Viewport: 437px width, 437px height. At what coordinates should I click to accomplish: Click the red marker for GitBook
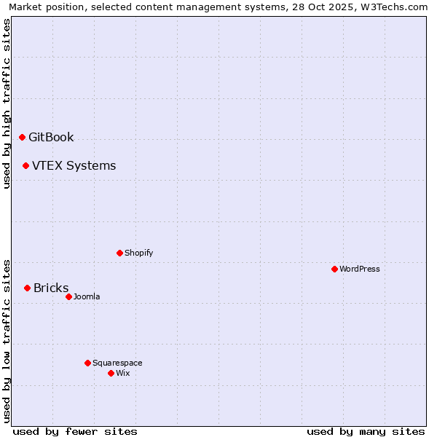(x=22, y=137)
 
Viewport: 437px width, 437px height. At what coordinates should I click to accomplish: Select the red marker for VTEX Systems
(x=25, y=165)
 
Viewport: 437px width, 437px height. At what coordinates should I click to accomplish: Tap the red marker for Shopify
(x=119, y=253)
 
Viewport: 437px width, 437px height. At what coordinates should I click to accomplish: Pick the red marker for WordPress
(x=334, y=269)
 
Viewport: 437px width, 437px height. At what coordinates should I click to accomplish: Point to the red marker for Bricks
(x=27, y=288)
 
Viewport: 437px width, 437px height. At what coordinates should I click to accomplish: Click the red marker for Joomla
(x=68, y=296)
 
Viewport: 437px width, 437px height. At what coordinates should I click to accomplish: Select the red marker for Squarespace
(x=87, y=363)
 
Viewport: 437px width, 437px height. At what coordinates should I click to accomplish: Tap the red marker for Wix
(x=111, y=373)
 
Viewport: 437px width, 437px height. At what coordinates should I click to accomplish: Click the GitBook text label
(x=51, y=137)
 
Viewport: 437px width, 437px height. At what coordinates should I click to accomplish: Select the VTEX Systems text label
(x=74, y=165)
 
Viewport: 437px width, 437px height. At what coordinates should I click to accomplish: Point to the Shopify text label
(x=138, y=253)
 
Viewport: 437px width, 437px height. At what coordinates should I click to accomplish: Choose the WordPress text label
(x=359, y=269)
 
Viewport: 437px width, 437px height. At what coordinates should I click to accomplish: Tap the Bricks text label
(x=51, y=288)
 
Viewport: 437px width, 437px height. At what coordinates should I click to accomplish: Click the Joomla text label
(x=87, y=296)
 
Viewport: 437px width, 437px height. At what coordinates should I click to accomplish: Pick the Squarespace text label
(x=117, y=363)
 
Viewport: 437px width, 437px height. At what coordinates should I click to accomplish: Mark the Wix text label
(x=122, y=373)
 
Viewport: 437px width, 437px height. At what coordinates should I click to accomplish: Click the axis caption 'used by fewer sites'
(x=75, y=431)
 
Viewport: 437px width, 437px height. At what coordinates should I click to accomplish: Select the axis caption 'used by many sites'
(x=366, y=431)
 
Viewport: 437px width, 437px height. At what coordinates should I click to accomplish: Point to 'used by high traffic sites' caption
(x=7, y=103)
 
